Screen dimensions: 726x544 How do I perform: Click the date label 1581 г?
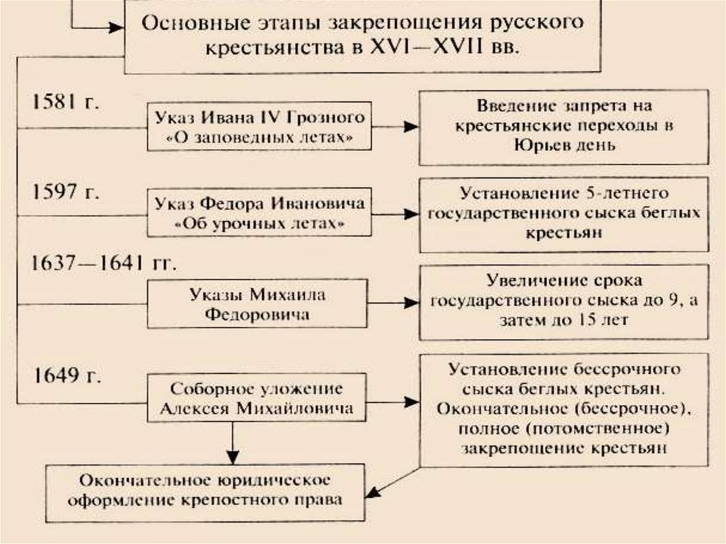(x=65, y=101)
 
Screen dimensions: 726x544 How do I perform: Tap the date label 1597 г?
(x=65, y=191)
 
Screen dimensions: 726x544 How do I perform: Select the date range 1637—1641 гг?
(x=104, y=263)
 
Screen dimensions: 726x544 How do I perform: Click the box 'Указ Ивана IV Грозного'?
(x=259, y=126)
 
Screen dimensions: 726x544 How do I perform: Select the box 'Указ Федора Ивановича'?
(x=259, y=213)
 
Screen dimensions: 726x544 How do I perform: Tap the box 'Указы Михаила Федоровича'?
(x=257, y=304)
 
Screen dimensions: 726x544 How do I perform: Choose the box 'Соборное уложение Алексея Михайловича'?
(x=257, y=398)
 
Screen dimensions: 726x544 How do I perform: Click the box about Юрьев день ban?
(x=564, y=128)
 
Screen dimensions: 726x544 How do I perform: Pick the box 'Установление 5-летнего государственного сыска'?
(x=564, y=214)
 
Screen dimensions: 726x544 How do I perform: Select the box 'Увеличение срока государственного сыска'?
(x=564, y=302)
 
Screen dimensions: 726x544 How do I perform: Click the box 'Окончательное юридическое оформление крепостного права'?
(x=205, y=492)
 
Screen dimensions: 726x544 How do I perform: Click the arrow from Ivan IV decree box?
(x=396, y=126)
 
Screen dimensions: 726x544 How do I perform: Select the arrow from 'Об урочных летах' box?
(x=396, y=213)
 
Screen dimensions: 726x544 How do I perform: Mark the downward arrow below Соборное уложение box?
(x=233, y=443)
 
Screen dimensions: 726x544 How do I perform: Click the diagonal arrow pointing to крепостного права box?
(x=394, y=482)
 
